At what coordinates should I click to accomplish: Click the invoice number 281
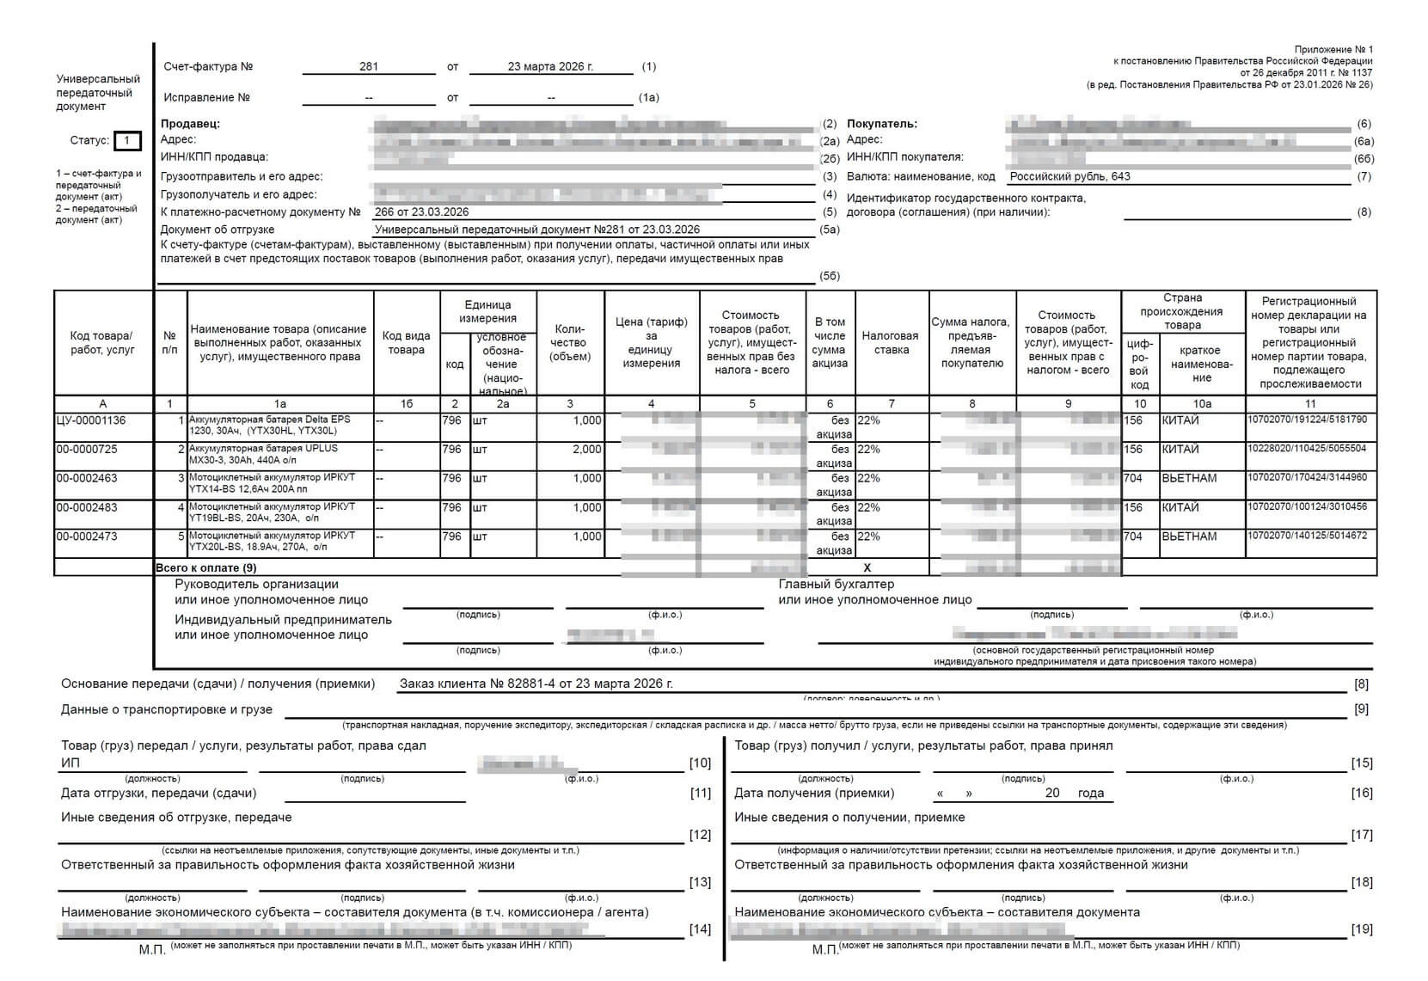coord(369,66)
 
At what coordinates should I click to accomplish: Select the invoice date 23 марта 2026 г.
coord(550,66)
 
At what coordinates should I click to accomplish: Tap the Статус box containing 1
coord(127,140)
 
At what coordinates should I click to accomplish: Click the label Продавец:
coord(190,124)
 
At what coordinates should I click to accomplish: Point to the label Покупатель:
coord(882,124)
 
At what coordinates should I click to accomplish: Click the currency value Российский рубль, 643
coord(1069,176)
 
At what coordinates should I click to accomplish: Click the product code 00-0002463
coord(87,478)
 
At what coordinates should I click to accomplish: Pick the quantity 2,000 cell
coord(587,450)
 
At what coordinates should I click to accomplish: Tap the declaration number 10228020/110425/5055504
coord(1307,449)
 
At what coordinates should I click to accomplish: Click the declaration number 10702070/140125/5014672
coord(1307,536)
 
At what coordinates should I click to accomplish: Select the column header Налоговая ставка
coord(891,342)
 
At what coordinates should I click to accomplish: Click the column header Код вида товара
coord(406,342)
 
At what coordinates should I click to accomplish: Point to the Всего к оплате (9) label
coord(205,567)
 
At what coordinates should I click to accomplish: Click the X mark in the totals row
coord(867,567)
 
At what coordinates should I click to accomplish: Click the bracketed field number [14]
coord(701,929)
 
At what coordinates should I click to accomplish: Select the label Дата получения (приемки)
coord(813,793)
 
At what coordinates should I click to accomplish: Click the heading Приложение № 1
coord(1333,50)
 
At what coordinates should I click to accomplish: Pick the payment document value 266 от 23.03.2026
coord(422,212)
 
